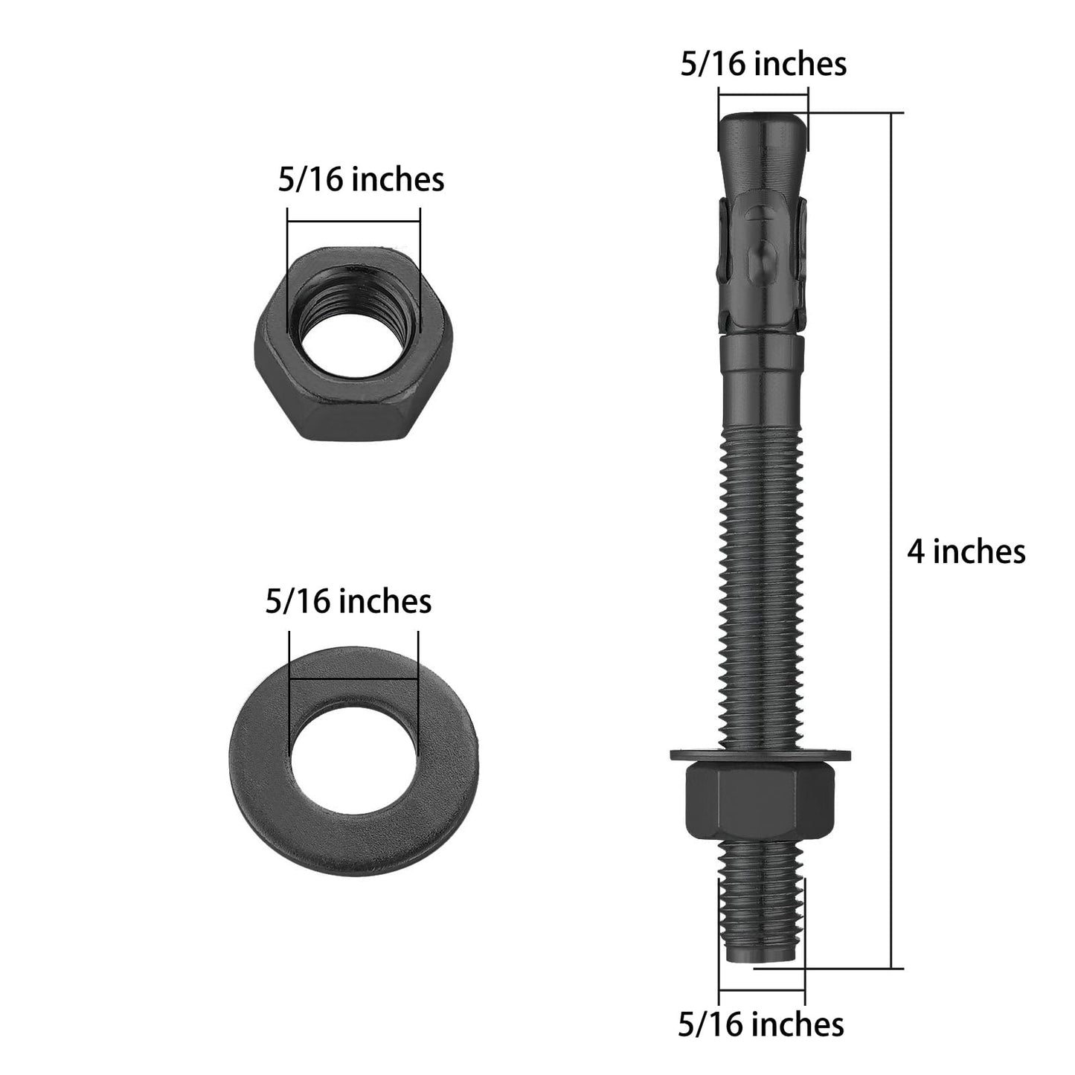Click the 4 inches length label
[966, 552]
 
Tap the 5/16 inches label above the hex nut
[361, 180]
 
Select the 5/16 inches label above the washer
[348, 601]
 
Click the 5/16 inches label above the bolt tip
[763, 64]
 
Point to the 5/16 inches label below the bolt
[760, 1024]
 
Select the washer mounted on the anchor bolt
[760, 756]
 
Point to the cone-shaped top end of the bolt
[762, 149]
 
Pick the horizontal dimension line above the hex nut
[353, 221]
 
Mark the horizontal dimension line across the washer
[353, 678]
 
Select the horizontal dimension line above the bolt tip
[763, 93]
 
